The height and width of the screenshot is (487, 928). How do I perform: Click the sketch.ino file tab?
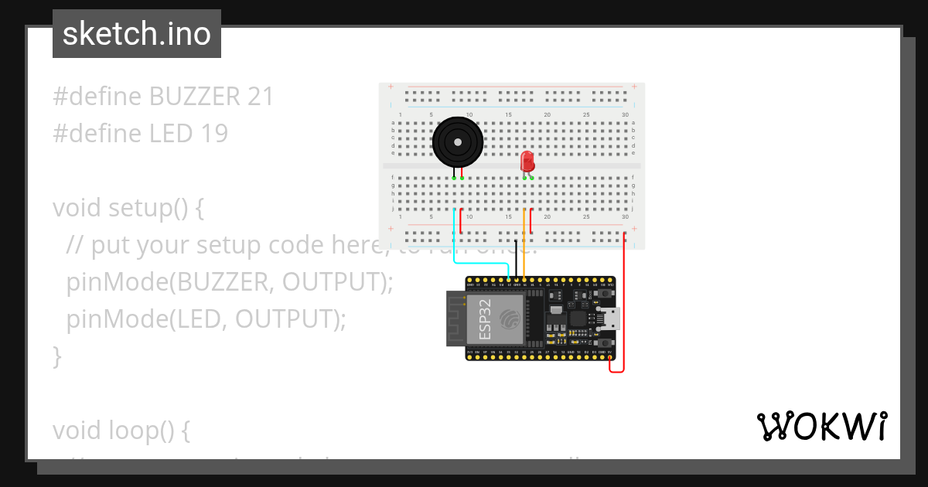click(x=137, y=34)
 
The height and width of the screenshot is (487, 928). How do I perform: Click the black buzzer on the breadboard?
click(x=458, y=141)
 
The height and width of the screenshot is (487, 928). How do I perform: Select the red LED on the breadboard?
click(x=528, y=161)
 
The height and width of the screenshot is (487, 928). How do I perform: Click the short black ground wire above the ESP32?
click(x=516, y=259)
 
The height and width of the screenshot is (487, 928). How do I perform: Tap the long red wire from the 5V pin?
click(x=624, y=309)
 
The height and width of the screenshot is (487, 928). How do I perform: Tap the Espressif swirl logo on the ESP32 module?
click(x=511, y=318)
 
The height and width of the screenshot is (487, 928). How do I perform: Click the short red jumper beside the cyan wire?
click(x=462, y=220)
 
